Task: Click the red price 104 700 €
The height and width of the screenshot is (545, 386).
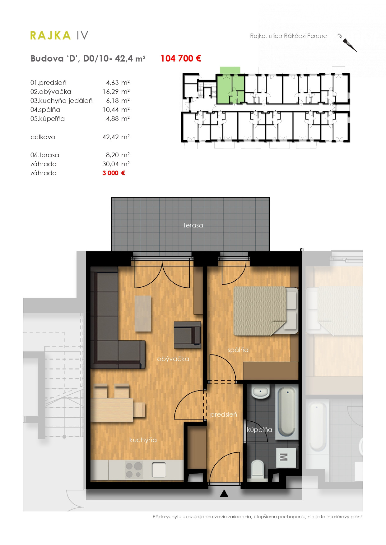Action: tap(181, 58)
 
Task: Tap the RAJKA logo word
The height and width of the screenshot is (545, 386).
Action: tap(50, 35)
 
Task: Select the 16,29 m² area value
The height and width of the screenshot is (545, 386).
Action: tap(116, 92)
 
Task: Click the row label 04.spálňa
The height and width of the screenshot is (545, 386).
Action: tap(45, 110)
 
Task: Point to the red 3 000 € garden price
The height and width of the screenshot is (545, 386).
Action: tap(114, 173)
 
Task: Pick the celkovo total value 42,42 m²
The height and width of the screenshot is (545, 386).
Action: tap(116, 137)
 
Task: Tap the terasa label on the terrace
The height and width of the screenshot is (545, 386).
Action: tap(193, 225)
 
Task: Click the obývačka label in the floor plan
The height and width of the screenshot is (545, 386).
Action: tap(173, 359)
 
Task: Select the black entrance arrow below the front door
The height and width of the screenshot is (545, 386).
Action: tap(224, 493)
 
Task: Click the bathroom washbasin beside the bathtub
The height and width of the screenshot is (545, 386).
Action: tap(260, 392)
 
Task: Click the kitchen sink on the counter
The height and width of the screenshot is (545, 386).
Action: tap(159, 470)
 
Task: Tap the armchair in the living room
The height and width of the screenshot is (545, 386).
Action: tap(187, 335)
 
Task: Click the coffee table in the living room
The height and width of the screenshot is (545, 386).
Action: tap(143, 313)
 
